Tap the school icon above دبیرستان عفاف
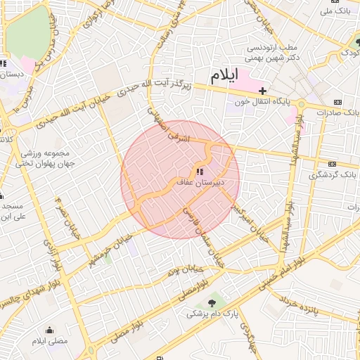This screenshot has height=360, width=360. tap(200, 172)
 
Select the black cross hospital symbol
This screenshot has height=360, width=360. tap(262, 91)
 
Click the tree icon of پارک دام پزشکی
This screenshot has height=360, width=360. tap(212, 303)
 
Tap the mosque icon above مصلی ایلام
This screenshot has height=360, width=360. tap(49, 330)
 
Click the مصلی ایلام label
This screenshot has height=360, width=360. tap(49, 340)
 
